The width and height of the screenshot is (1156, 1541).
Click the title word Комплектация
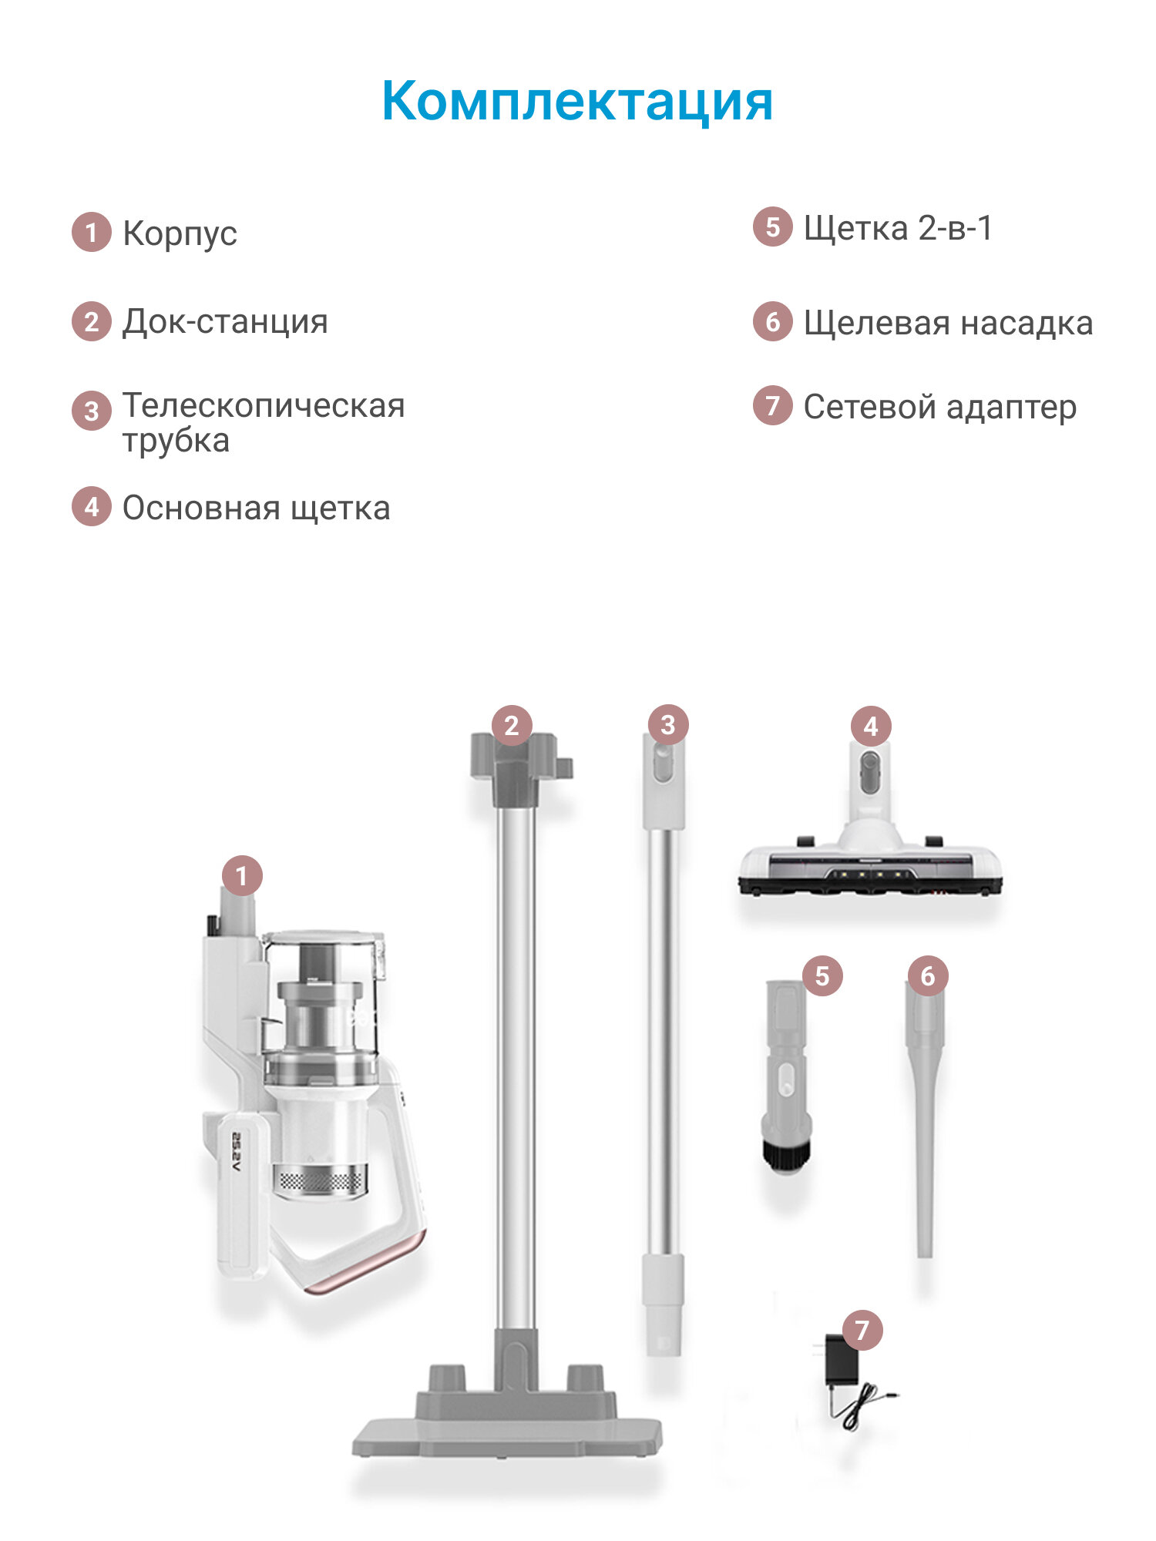[577, 101]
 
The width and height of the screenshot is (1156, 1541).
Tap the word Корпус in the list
[180, 233]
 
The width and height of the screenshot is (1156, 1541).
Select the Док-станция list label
[225, 321]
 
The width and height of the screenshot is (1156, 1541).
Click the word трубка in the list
[176, 441]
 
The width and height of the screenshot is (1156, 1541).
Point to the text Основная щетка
[256, 508]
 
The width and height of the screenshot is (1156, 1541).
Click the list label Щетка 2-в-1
[898, 228]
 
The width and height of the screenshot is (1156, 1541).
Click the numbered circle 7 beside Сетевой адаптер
[772, 405]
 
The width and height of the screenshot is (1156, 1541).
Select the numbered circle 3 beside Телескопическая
[92, 411]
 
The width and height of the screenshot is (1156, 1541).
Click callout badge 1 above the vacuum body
[242, 876]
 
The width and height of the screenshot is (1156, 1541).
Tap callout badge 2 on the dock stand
[512, 725]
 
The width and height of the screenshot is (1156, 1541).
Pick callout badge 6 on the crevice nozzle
[927, 976]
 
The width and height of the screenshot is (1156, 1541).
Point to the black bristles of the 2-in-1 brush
[786, 1155]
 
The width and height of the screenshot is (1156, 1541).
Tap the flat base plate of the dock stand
[507, 1436]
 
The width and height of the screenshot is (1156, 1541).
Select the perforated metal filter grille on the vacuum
[320, 1181]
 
